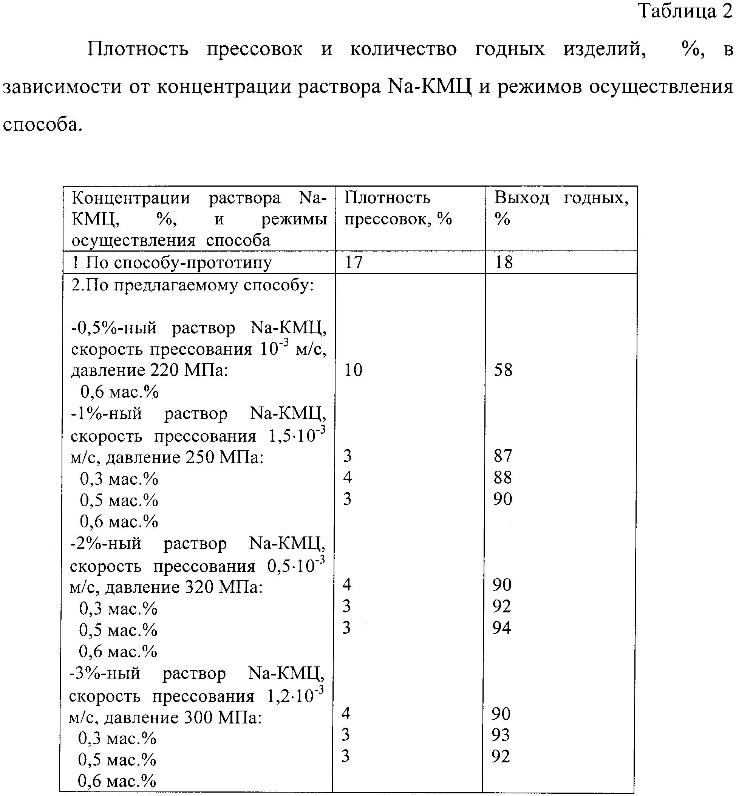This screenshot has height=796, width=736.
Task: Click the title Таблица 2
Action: point(685,11)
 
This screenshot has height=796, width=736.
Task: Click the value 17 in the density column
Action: point(353,262)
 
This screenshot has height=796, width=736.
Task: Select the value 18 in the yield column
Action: point(504,262)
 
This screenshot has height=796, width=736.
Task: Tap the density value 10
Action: point(353,370)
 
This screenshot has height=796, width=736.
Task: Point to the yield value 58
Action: point(503,370)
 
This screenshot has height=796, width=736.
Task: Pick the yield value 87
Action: point(503,456)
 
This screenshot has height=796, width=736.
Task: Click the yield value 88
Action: point(503,477)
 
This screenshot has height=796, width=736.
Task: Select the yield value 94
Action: point(502,628)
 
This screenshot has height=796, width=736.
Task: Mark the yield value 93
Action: point(501,734)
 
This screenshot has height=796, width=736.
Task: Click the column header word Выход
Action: point(522,198)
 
